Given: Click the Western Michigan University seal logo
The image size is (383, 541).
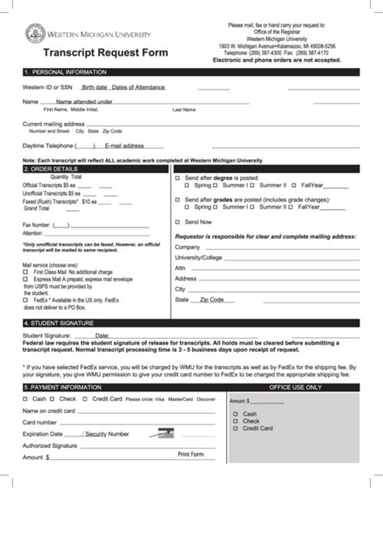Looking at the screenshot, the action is [x=35, y=33].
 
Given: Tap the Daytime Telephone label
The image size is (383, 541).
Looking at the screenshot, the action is [x=48, y=146].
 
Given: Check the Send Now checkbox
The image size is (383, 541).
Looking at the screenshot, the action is [x=178, y=222].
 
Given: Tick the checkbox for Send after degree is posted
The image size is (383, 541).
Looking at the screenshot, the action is [x=178, y=177].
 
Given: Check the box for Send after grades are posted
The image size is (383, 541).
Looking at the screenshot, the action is [x=178, y=199].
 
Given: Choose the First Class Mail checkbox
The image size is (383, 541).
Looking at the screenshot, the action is [x=26, y=272].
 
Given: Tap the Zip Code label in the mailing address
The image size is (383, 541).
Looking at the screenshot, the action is [x=212, y=299].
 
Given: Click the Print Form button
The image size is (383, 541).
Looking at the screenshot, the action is [x=191, y=454].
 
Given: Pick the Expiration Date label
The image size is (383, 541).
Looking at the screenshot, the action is [x=43, y=433].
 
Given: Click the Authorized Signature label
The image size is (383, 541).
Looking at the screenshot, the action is [x=49, y=446].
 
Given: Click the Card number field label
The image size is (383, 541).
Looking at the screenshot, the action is [x=40, y=422].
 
